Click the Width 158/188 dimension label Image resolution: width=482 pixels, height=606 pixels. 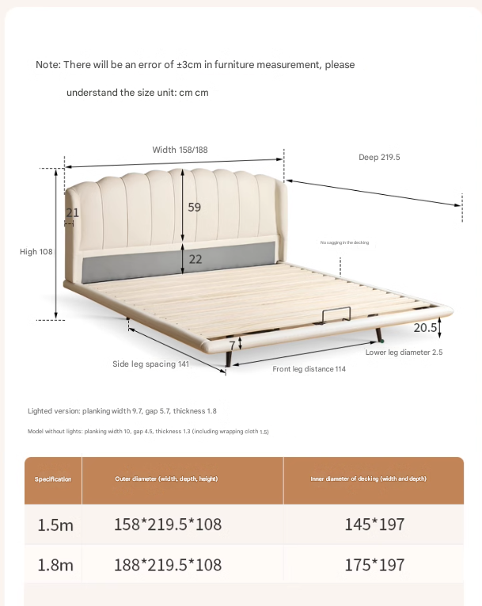[x=180, y=150]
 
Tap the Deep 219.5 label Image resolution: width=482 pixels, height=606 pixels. [x=379, y=157]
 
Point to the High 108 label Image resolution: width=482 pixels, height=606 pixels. [x=36, y=252]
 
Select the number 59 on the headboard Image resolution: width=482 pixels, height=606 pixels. [x=194, y=208]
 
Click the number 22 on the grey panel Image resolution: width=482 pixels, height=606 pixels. [x=195, y=259]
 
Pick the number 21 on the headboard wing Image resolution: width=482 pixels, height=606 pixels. [x=72, y=212]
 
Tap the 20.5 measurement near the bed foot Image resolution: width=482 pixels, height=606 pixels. [x=424, y=327]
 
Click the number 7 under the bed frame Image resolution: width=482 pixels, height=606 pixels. [x=232, y=345]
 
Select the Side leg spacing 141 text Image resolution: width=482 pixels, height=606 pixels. [x=150, y=364]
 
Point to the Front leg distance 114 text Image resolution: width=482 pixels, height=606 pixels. [x=309, y=369]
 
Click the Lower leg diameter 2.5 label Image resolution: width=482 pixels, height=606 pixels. [x=404, y=352]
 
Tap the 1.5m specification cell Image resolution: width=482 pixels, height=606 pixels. [x=55, y=524]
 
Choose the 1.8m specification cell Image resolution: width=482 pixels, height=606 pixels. [x=55, y=565]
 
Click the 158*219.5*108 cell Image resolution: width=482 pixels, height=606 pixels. [x=168, y=524]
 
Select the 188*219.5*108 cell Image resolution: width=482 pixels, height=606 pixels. [x=168, y=565]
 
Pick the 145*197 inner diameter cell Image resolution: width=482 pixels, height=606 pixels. [x=374, y=524]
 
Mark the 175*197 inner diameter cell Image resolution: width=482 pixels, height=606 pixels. [x=374, y=565]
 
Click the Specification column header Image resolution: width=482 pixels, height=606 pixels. [x=53, y=479]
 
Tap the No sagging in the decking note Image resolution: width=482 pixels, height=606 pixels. [x=344, y=242]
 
